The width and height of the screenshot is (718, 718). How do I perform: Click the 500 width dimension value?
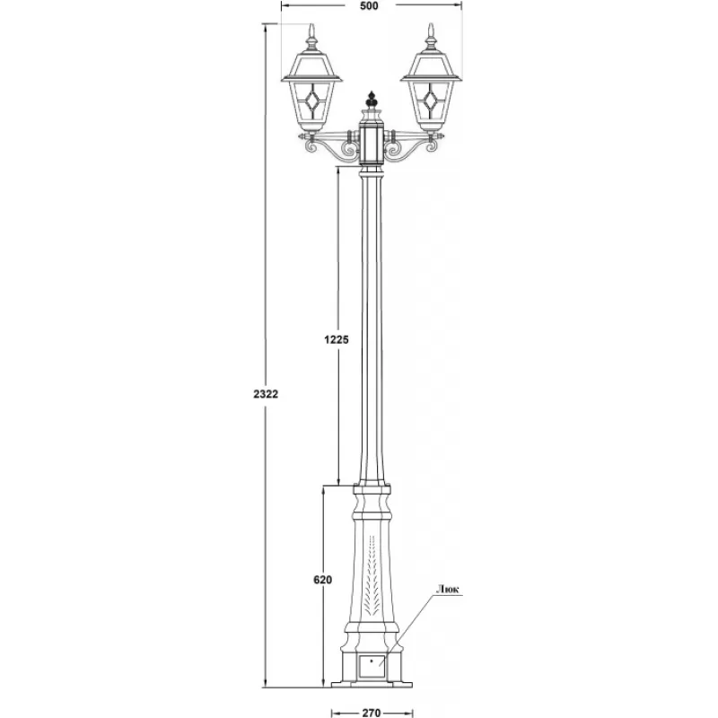(x=369, y=6)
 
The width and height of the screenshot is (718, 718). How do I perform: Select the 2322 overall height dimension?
(x=266, y=394)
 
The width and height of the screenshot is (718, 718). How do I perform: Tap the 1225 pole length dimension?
(x=337, y=340)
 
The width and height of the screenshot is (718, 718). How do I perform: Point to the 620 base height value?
(x=323, y=580)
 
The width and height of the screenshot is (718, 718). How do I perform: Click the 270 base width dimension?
(x=372, y=713)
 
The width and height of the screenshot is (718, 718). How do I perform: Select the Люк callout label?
(x=447, y=590)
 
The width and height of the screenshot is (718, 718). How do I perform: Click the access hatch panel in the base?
(x=372, y=666)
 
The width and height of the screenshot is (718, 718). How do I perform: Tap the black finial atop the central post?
(x=372, y=100)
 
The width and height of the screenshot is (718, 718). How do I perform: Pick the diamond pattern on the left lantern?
(x=311, y=101)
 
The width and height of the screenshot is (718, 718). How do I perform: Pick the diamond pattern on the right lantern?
(x=431, y=101)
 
